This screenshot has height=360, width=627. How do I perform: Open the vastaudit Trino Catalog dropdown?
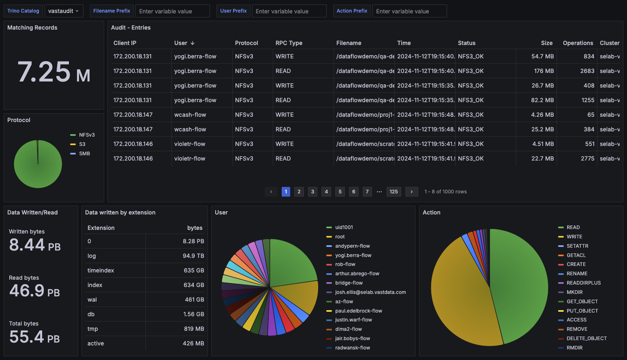[x=64, y=11]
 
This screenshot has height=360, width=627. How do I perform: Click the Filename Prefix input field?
[x=172, y=11]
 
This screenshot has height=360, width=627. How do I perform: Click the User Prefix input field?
[x=289, y=11]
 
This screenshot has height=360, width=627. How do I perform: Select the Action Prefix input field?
[x=409, y=11]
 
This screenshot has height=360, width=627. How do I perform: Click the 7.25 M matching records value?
[x=54, y=72]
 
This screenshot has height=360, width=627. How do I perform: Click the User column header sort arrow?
[x=193, y=43]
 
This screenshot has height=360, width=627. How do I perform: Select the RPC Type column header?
[x=289, y=43]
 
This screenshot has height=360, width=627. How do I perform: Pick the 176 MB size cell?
[x=544, y=71]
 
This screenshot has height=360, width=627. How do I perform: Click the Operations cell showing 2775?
[x=587, y=159]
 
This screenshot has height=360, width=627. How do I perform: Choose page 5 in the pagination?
[x=340, y=192]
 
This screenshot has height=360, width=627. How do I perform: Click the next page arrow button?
[x=411, y=192]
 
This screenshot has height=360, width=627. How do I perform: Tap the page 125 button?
[x=394, y=192]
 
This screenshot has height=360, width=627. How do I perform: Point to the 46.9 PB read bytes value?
[x=34, y=291]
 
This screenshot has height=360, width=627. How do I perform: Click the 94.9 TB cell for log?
[x=193, y=256]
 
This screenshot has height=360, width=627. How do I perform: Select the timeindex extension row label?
[x=101, y=270]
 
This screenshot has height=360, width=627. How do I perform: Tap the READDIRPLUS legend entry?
[x=580, y=283]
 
